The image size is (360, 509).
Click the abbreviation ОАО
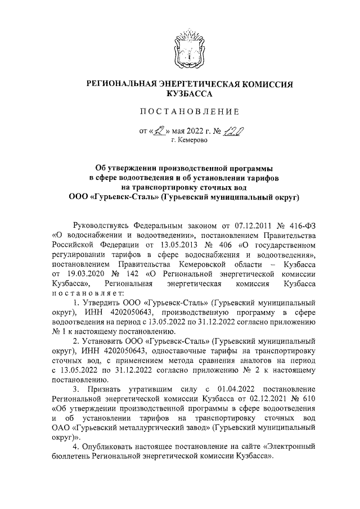[62, 432]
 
